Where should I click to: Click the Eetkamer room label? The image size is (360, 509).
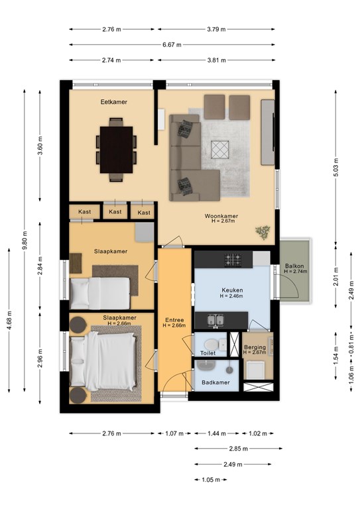pos(113,102)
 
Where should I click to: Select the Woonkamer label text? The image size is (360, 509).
pos(221,216)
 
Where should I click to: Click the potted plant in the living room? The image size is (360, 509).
pos(263,233)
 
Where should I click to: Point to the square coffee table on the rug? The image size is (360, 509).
pos(219,150)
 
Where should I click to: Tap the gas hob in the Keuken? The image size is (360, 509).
pos(233,260)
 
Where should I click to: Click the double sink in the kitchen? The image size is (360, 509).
pos(215,320)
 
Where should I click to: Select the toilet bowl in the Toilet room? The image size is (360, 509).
pos(211,344)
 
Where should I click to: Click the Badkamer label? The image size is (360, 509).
pos(215,382)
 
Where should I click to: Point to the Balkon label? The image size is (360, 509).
pos(294,266)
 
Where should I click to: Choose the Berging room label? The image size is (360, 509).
pos(255,347)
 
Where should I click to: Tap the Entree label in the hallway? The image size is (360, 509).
pos(174,319)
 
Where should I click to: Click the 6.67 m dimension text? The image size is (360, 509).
pos(172,45)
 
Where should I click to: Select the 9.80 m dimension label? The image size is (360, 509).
pos(25,240)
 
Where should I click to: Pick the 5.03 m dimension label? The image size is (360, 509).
pos(336,168)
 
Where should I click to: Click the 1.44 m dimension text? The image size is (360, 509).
pos(217,433)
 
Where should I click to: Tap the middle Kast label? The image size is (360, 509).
pos(115,211)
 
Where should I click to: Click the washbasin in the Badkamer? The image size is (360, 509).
pos(206,366)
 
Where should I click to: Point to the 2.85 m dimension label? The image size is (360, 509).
pos(239,449)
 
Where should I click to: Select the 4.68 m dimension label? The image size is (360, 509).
pos(9,320)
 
